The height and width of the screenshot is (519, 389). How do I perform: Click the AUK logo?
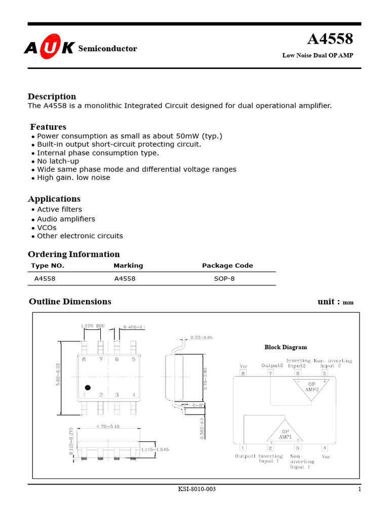pos(49,48)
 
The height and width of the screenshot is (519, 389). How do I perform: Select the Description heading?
pos(52,96)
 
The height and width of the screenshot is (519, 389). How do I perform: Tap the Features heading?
pos(48,127)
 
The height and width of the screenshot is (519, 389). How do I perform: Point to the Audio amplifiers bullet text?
pos(66,219)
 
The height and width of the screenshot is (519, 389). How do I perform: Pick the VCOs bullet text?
pos(47,228)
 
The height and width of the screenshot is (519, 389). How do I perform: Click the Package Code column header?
pos(227,266)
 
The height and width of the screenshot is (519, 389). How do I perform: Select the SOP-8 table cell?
pos(224,279)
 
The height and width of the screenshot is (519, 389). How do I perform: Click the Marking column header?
pos(128,266)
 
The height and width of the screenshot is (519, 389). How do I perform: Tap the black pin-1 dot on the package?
pos(88,388)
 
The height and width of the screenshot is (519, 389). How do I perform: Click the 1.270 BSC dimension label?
pos(92,326)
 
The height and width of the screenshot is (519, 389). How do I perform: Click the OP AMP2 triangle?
pos(311,388)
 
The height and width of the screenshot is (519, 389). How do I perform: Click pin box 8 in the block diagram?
pos(243,374)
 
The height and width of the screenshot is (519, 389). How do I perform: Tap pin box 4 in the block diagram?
pos(325,448)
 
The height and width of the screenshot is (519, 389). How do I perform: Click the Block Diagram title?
pos(286,347)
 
